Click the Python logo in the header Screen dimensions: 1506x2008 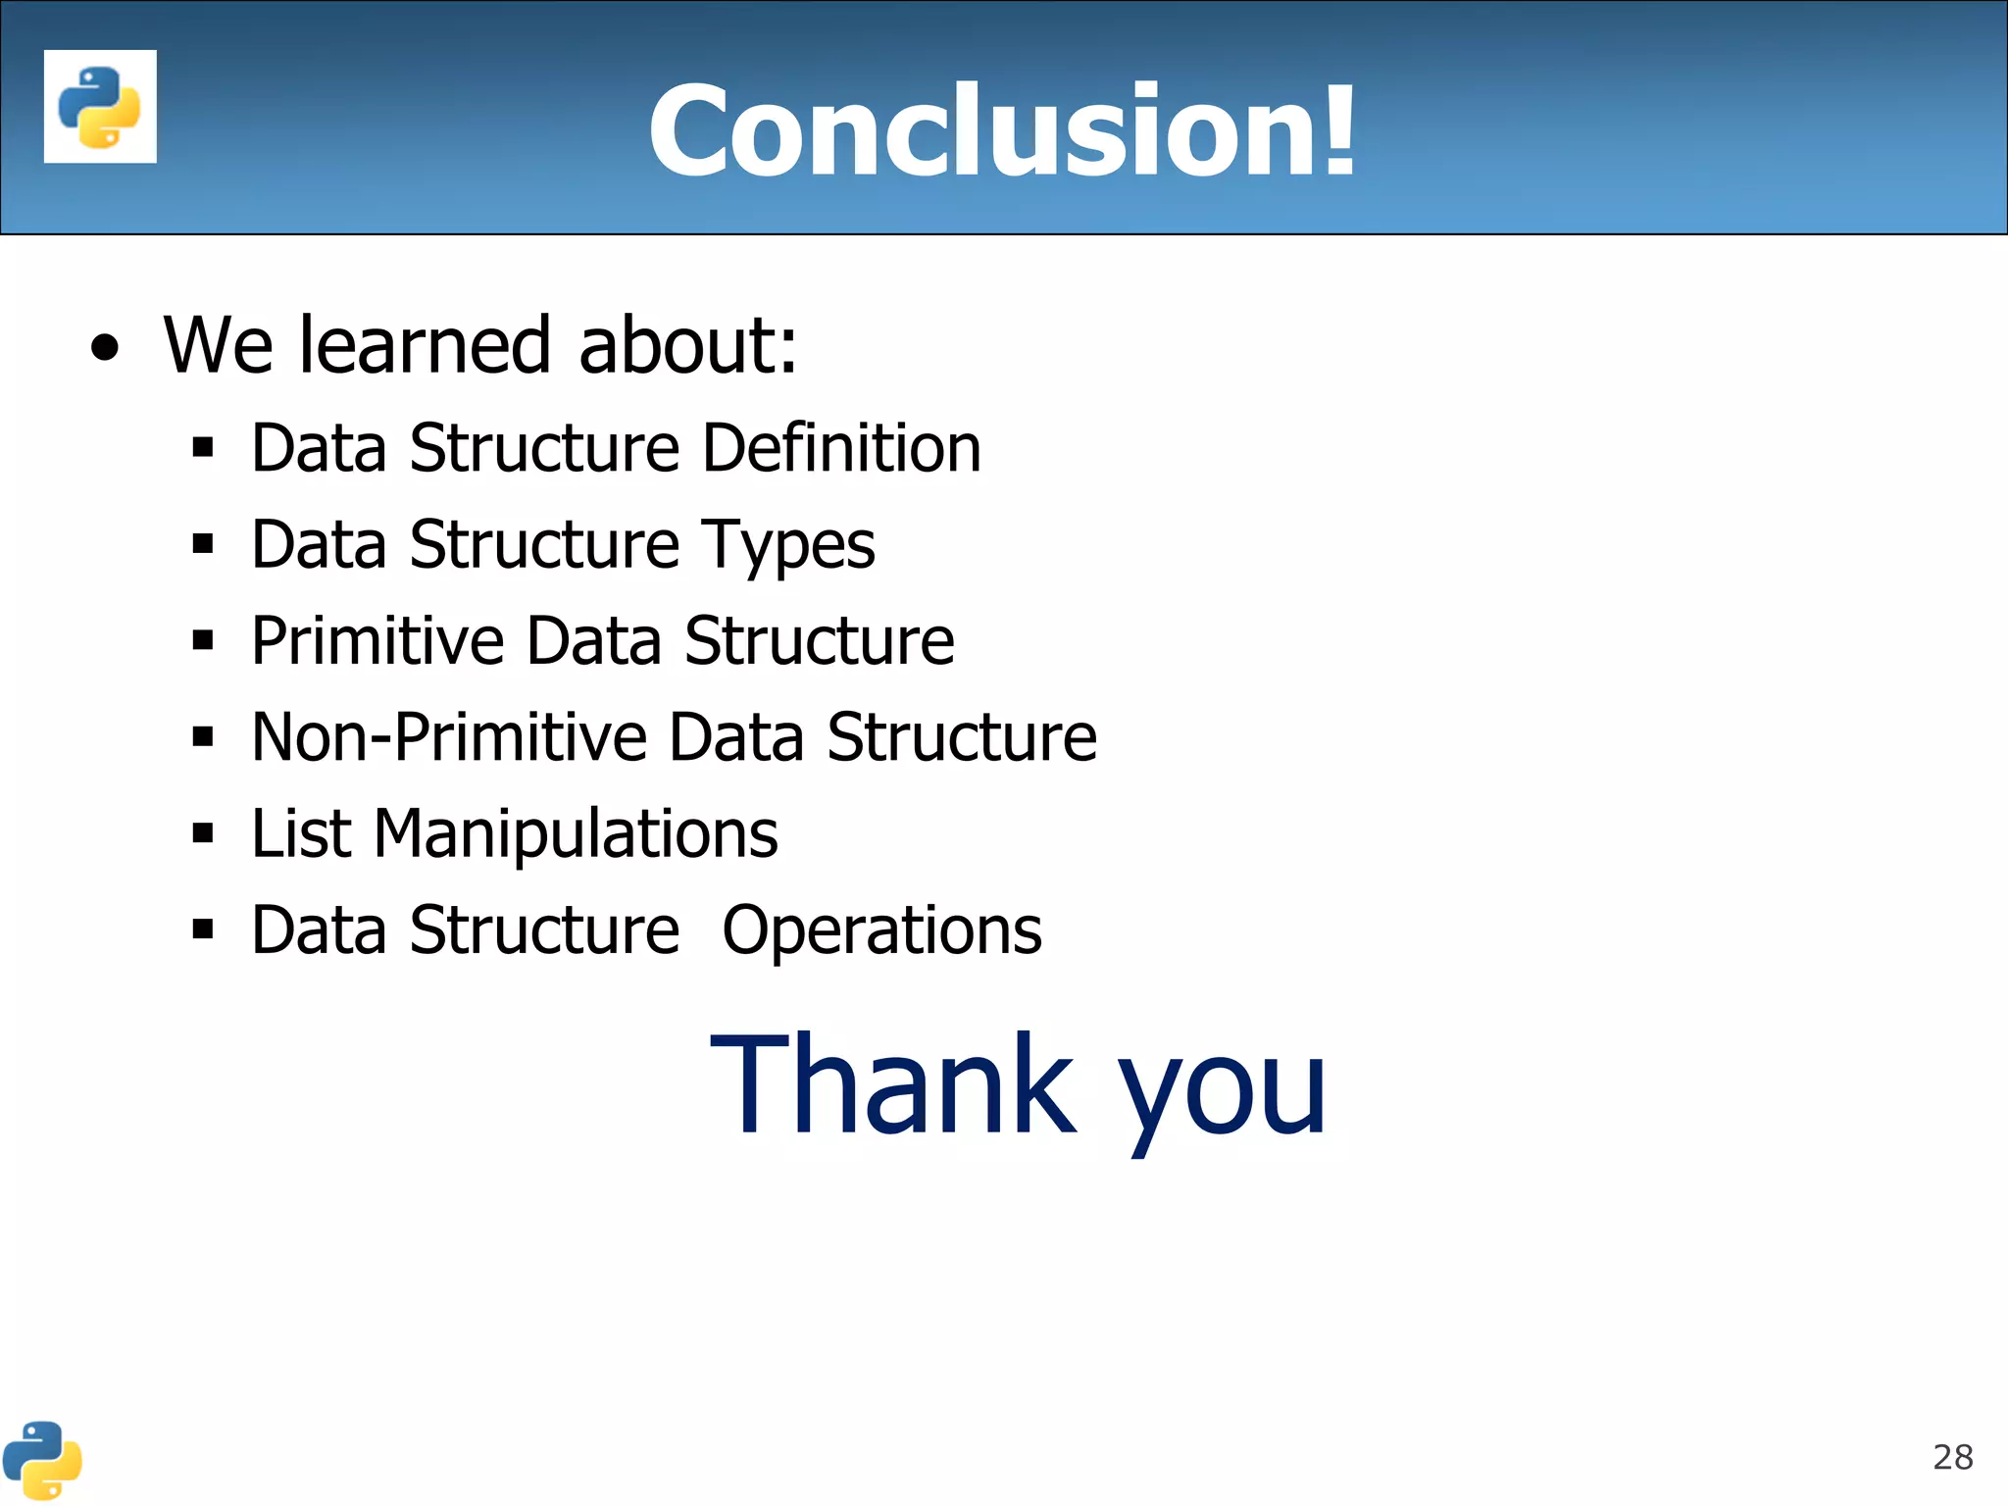pyautogui.click(x=100, y=106)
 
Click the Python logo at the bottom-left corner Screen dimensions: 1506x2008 pyautogui.click(x=41, y=1460)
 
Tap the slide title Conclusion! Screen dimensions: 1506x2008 pyautogui.click(x=1002, y=130)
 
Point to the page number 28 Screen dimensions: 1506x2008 pyautogui.click(x=1952, y=1457)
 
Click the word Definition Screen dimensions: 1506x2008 pyautogui.click(x=841, y=448)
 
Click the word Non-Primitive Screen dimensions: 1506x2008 pyautogui.click(x=449, y=737)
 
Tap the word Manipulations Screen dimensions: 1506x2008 pyautogui.click(x=576, y=834)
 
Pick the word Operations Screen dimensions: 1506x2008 pyautogui.click(x=881, y=930)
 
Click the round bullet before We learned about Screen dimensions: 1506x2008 pyautogui.click(x=105, y=348)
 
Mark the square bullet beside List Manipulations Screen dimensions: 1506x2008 pyautogui.click(x=203, y=833)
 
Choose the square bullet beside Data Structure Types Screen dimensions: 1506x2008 pyautogui.click(x=203, y=543)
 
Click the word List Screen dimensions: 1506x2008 pyautogui.click(x=300, y=834)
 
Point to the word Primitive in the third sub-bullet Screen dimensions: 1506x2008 pyautogui.click(x=377, y=641)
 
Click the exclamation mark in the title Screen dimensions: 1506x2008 pyautogui.click(x=1337, y=130)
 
